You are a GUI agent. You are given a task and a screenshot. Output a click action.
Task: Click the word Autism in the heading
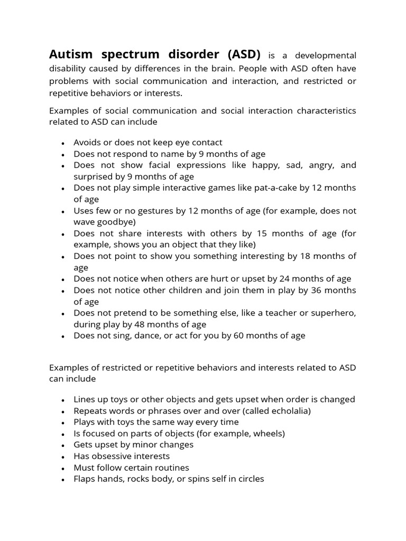(x=70, y=54)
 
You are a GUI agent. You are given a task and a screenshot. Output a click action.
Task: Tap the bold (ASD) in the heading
(x=244, y=54)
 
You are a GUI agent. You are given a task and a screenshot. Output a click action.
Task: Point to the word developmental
(x=326, y=55)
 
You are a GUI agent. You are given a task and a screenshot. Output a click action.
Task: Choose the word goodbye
(x=117, y=222)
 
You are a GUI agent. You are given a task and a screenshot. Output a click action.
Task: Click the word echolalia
(x=288, y=411)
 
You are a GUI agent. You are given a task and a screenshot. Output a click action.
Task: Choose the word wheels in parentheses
(x=268, y=434)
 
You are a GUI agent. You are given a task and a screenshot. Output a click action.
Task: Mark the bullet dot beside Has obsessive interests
(x=63, y=457)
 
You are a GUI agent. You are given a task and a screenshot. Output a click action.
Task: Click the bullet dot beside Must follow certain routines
(x=63, y=469)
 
